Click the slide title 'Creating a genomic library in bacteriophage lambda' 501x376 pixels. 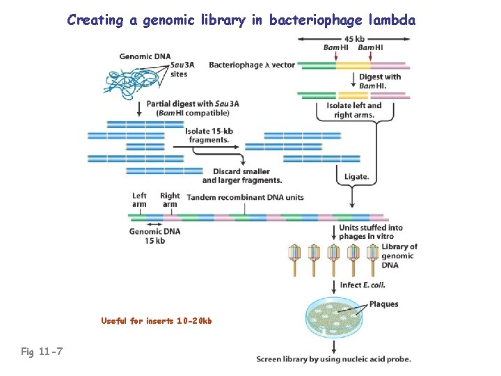coord(241,20)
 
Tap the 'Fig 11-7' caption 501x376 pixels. coord(42,352)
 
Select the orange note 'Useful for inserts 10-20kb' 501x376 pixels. coord(156,321)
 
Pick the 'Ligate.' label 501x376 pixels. coord(356,177)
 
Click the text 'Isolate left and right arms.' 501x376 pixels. coord(353,110)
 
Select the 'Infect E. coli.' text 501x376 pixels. coord(362,285)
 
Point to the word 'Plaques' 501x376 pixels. coord(384,304)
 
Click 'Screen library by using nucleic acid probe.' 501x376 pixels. coord(333,359)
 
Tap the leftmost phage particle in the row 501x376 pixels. coord(294,258)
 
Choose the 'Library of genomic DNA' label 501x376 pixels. coord(399,256)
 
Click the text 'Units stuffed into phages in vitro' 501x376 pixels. coord(370,232)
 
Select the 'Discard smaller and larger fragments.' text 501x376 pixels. coord(241,176)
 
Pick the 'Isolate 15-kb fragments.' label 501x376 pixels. coord(208,135)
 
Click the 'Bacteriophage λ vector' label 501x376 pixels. coord(252,65)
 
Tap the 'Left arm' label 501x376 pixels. coord(140,200)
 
